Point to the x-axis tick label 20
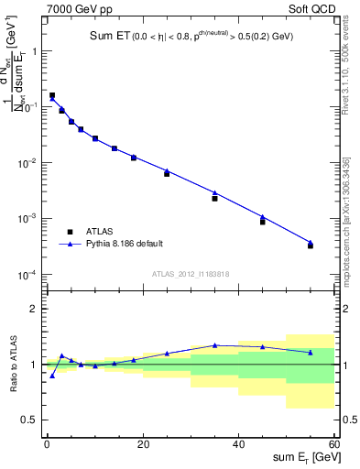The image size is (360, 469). [x=142, y=443]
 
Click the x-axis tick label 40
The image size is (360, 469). [x=238, y=443]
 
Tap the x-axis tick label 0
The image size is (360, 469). [x=47, y=443]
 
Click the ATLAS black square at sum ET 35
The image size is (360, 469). [x=214, y=199]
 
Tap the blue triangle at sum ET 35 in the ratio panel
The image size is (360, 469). [x=214, y=345]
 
